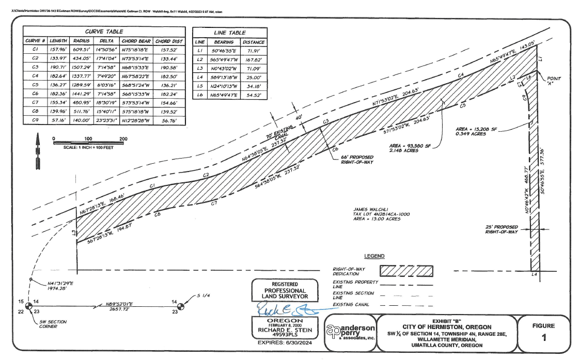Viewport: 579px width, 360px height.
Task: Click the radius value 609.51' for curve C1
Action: pos(82,50)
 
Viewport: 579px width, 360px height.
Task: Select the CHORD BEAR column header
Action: pos(136,41)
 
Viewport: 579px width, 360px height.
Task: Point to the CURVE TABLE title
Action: pos(104,32)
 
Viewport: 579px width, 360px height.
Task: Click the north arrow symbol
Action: pos(37,150)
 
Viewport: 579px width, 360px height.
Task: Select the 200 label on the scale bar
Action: pos(123,139)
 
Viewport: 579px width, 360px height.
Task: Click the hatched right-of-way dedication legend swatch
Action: pos(406,271)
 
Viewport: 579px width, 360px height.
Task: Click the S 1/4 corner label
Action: pos(204,296)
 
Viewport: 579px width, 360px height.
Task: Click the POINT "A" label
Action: pos(554,82)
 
